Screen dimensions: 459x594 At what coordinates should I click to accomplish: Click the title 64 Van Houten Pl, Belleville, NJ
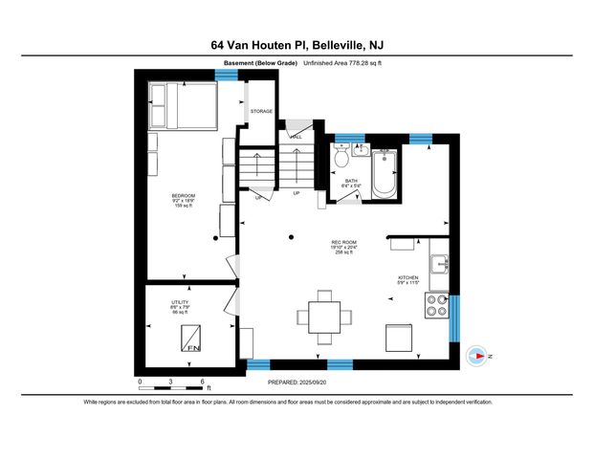[297, 44]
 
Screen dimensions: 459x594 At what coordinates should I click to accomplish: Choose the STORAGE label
[261, 112]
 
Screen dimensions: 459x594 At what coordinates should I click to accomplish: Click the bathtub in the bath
[385, 174]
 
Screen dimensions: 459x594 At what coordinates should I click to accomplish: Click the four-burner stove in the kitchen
[437, 305]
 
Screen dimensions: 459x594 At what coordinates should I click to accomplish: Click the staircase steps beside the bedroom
[256, 170]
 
